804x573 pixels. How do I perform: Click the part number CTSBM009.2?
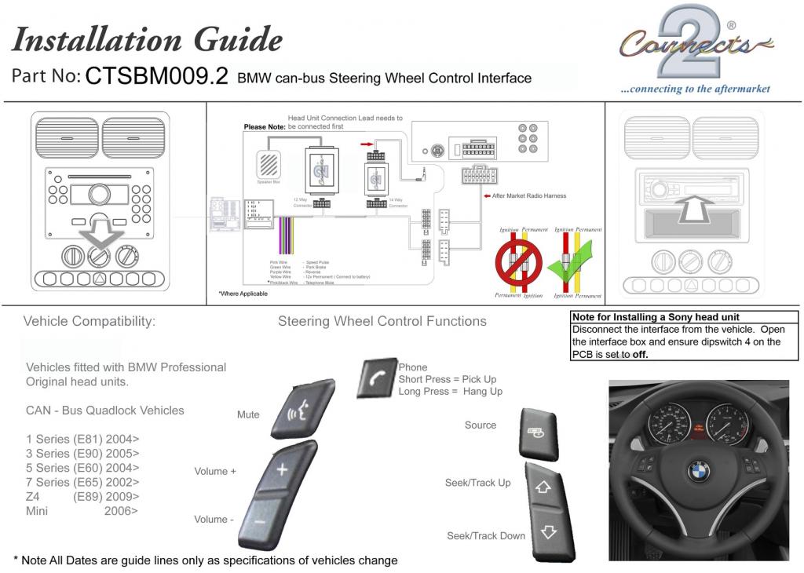(156, 76)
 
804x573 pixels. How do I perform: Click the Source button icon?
(537, 432)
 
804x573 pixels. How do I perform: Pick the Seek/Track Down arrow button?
(548, 531)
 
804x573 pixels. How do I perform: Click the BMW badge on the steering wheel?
(699, 471)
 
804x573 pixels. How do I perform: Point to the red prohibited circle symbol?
(516, 261)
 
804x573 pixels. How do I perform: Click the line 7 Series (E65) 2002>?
(82, 482)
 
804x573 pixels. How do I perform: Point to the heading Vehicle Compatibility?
(89, 321)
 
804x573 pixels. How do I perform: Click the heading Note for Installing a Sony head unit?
(656, 317)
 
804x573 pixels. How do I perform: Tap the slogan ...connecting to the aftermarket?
(695, 89)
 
